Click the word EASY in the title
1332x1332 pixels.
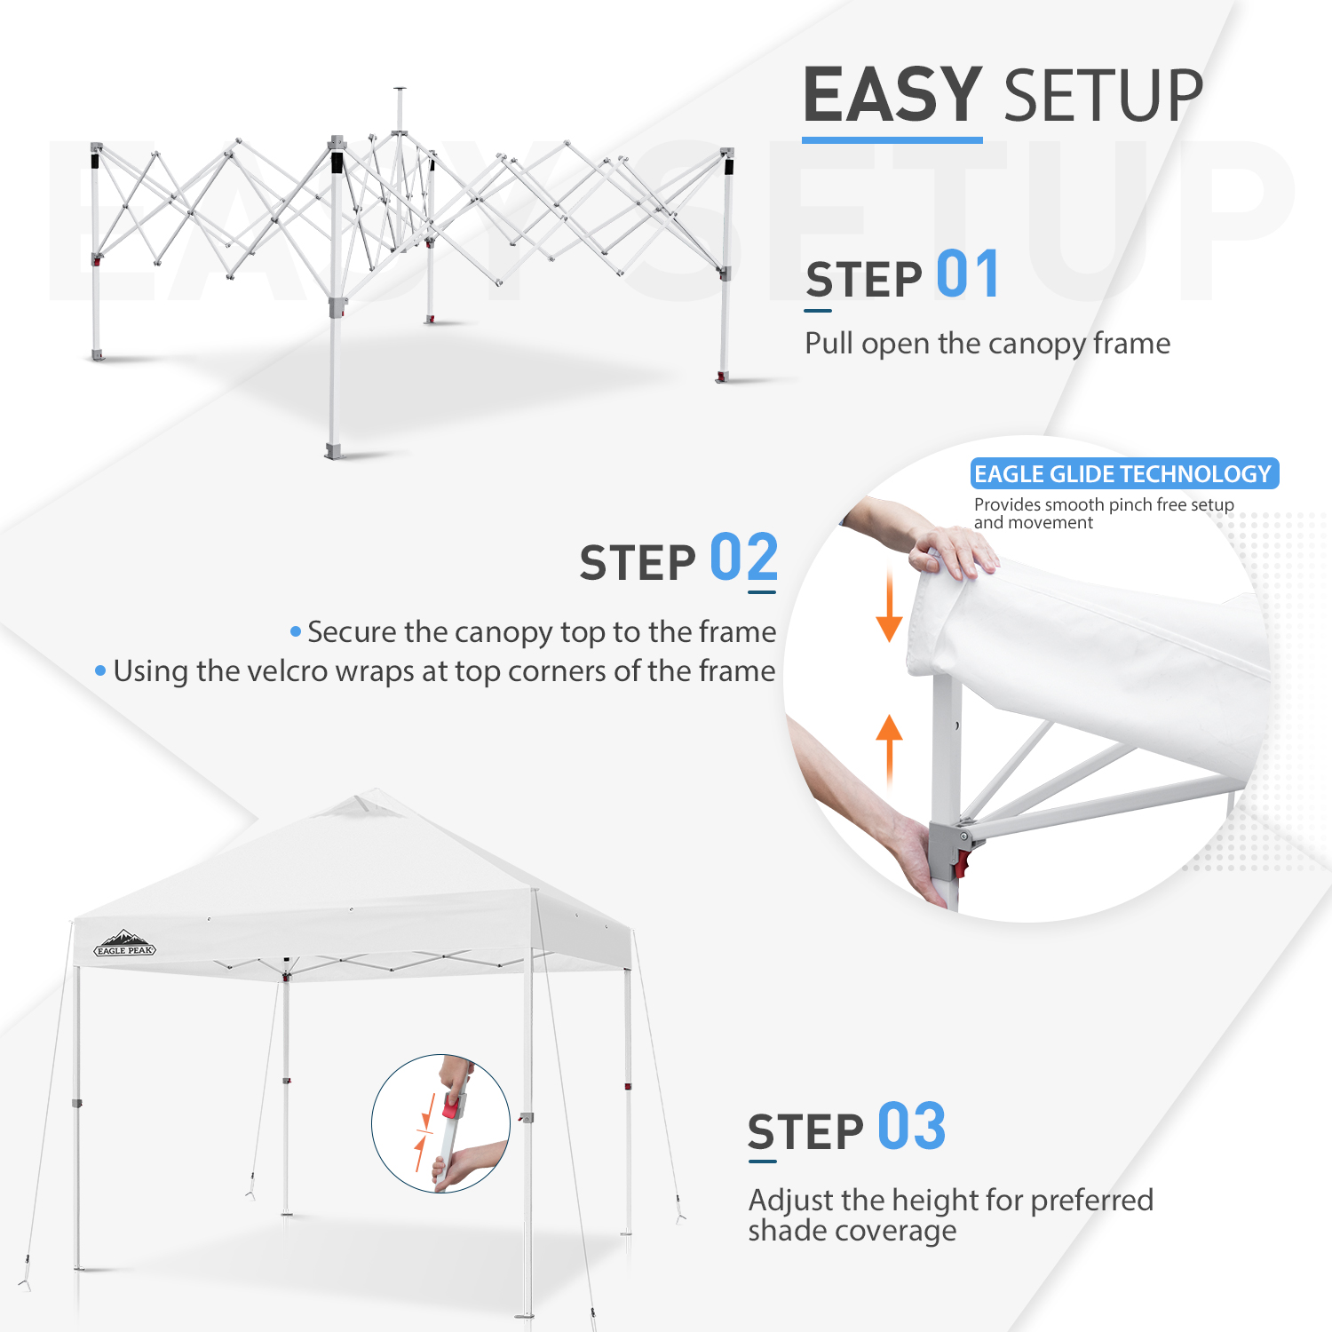tap(892, 95)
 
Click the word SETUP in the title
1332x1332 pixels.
tap(1103, 96)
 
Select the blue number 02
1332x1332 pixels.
tap(743, 558)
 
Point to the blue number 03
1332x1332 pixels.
tap(911, 1127)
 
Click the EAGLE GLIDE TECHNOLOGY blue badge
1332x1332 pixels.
tap(1123, 474)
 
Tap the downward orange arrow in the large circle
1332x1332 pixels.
tap(889, 609)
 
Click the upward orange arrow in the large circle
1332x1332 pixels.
tap(889, 746)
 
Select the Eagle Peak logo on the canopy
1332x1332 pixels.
tap(125, 945)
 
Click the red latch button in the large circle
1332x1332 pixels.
tap(962, 860)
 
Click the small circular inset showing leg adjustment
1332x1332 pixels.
tap(440, 1123)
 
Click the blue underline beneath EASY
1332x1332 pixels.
tap(892, 139)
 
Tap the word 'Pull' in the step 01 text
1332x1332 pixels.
tap(829, 344)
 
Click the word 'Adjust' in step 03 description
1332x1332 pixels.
tap(791, 1201)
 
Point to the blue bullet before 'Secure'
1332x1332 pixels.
tap(296, 631)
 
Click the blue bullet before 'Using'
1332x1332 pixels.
tap(100, 670)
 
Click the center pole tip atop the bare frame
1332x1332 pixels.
tap(400, 90)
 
